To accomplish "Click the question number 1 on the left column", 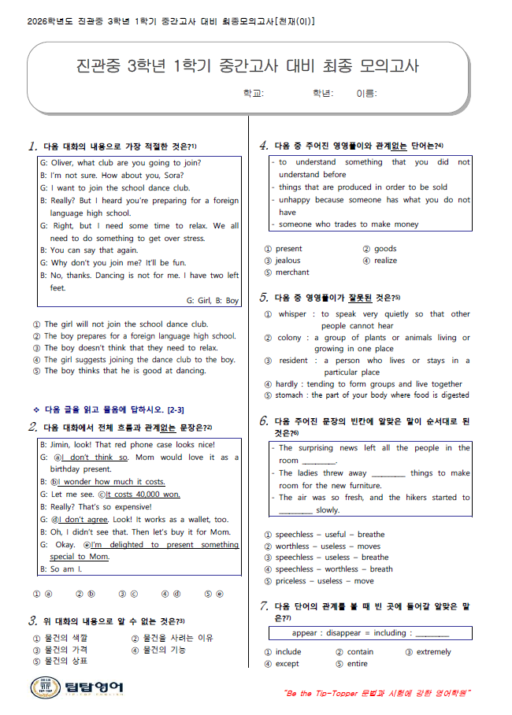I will tap(33, 146).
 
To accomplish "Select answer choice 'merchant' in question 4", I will tap(292, 272).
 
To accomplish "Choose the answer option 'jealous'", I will tap(288, 261).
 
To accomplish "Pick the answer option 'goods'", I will tap(385, 249).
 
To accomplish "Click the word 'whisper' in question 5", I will tap(292, 314).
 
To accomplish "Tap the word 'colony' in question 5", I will tap(289, 338).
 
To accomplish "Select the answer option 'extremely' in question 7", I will tap(434, 652).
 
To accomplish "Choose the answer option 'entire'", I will tap(357, 664).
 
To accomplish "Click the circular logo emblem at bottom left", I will tap(43, 687).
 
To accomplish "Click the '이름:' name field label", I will tap(366, 94).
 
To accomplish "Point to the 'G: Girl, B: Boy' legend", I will tap(213, 300).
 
